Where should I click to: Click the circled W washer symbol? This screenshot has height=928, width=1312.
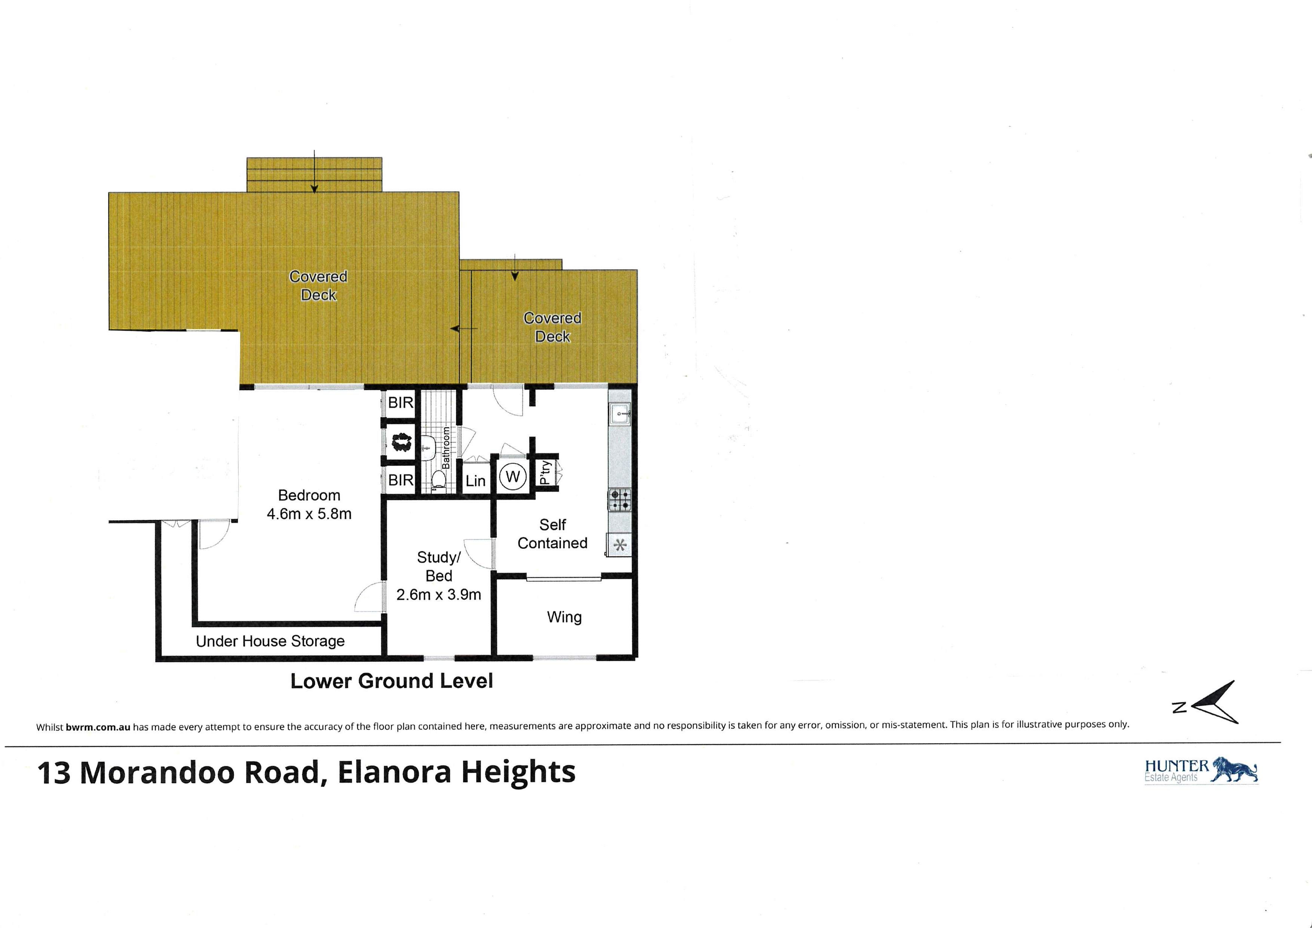click(x=513, y=476)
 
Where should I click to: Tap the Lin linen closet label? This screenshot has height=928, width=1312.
click(x=475, y=481)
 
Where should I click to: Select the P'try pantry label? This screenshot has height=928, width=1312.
click(x=546, y=473)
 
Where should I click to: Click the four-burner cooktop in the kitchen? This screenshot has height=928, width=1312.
click(x=619, y=500)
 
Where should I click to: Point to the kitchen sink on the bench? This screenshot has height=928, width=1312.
click(x=619, y=413)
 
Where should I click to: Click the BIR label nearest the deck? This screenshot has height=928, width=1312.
click(x=401, y=403)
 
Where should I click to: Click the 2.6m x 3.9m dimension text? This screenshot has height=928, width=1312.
click(x=438, y=595)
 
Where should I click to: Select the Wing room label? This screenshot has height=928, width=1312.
click(x=564, y=617)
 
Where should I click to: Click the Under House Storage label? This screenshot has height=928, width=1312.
click(x=270, y=641)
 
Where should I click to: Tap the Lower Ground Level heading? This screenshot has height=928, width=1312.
click(x=392, y=681)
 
